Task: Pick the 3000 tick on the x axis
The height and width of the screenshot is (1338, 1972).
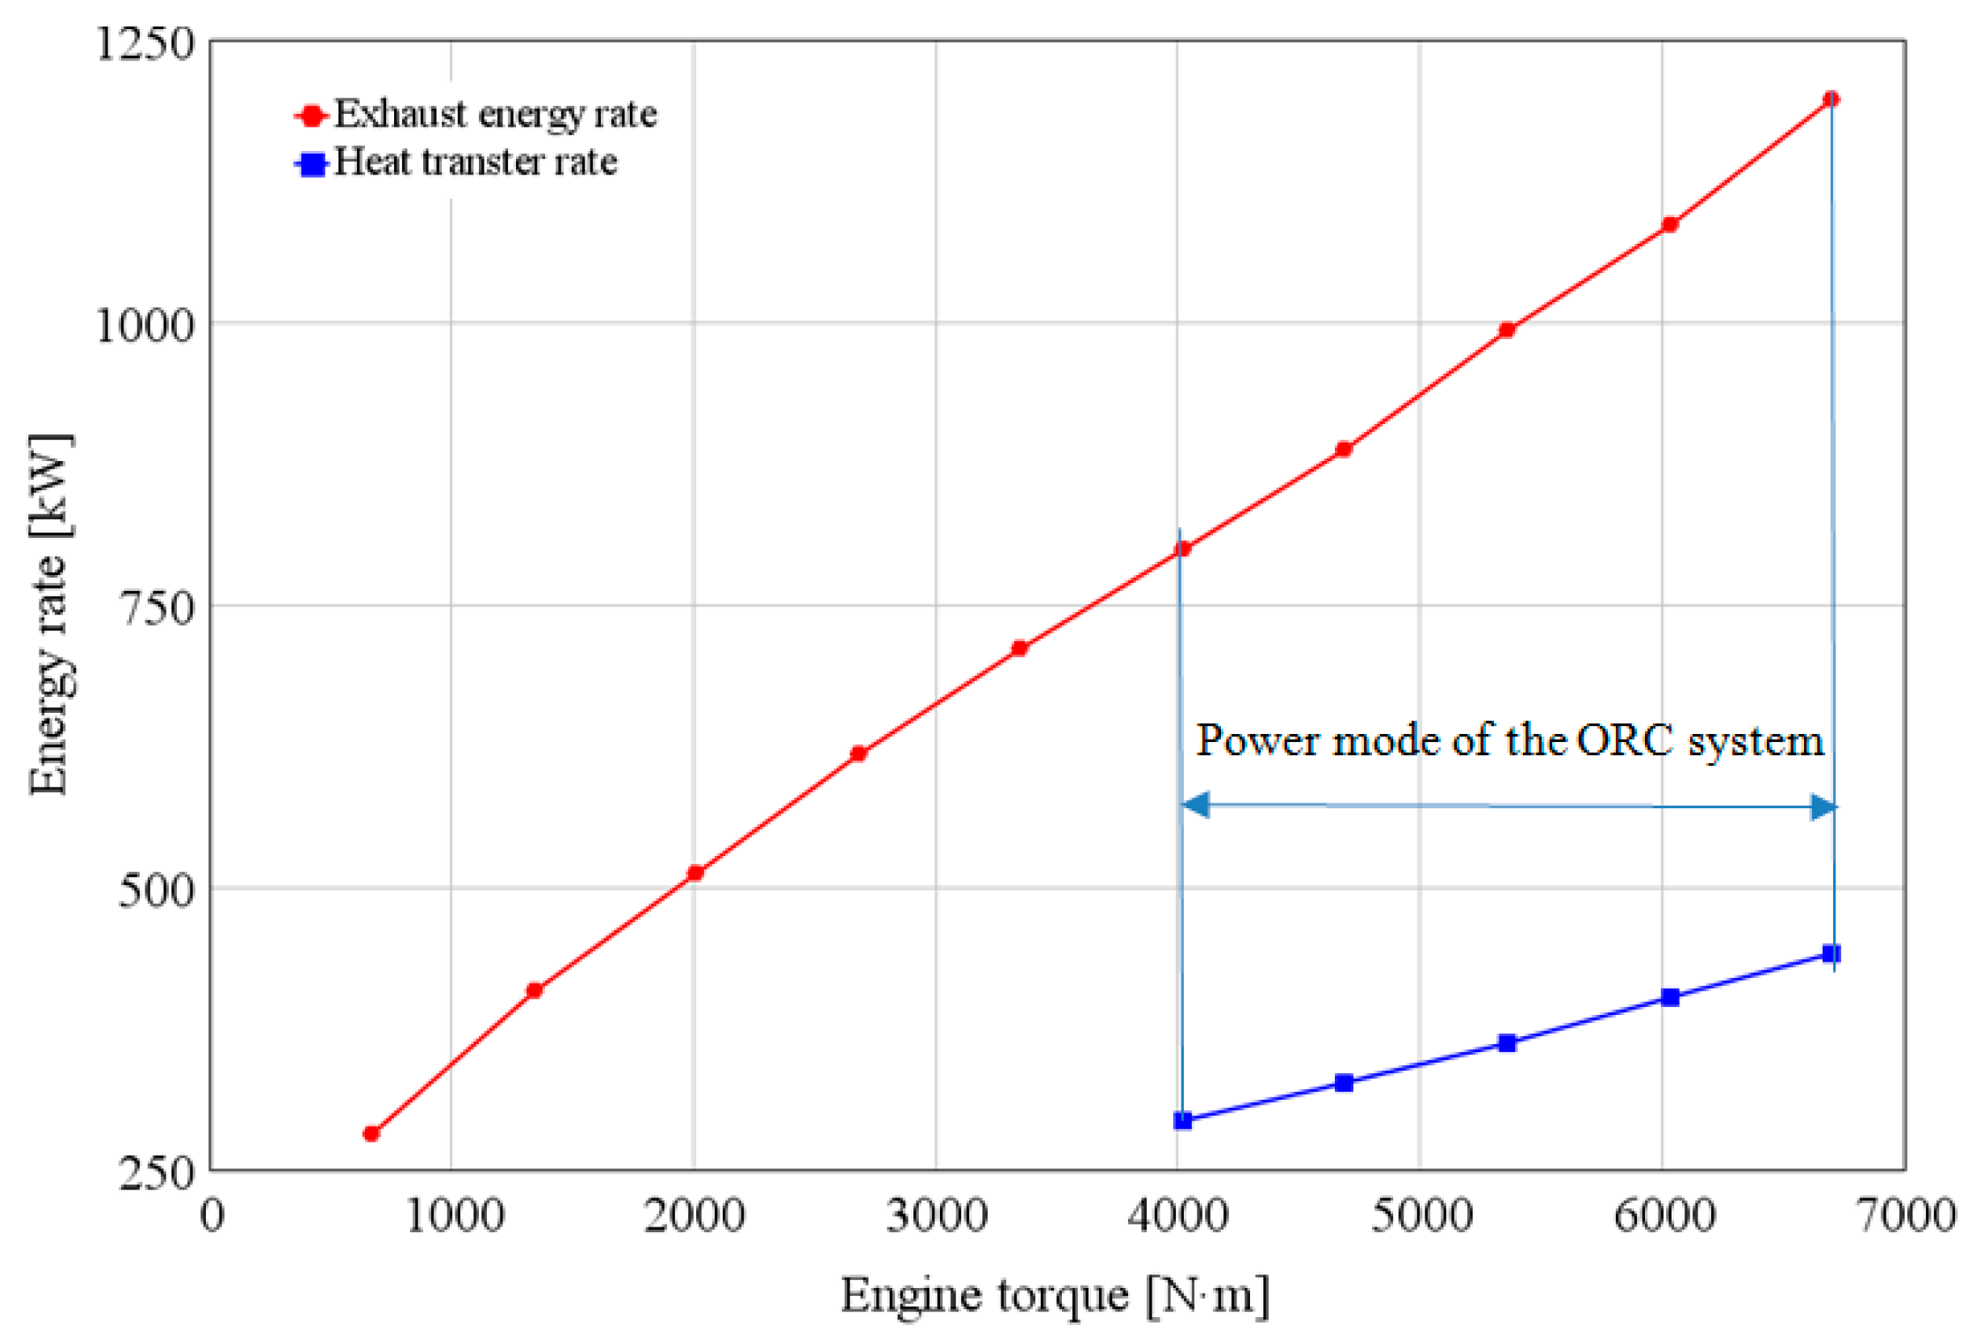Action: (x=936, y=1215)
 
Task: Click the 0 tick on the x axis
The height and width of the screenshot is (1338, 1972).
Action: (x=212, y=1215)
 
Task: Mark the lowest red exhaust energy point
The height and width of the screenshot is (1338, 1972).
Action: (x=371, y=1134)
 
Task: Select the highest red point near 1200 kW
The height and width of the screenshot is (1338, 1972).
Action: (x=1831, y=99)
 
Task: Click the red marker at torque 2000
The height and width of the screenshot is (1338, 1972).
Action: (x=695, y=872)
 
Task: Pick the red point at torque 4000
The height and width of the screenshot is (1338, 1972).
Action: (x=1182, y=549)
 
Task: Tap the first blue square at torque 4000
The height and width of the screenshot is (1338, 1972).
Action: (x=1182, y=1120)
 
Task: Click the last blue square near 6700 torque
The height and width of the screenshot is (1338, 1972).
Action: (x=1831, y=954)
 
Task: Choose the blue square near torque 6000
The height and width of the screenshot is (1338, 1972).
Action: (x=1669, y=997)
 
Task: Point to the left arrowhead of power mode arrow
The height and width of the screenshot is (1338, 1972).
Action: (x=1194, y=804)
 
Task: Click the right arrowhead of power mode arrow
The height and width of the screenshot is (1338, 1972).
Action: (x=1823, y=807)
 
